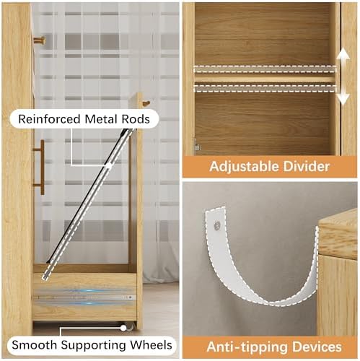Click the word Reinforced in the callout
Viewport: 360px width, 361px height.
tap(49, 119)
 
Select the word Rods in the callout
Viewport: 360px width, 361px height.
tap(136, 119)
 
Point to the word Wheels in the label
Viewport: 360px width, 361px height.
tap(152, 345)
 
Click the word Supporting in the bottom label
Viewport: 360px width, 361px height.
tap(93, 346)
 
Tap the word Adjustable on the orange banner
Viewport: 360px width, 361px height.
tap(245, 167)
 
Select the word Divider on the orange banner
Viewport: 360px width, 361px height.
tap(307, 166)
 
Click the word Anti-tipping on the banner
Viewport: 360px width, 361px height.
tap(247, 347)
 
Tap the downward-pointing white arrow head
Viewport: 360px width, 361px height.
tap(343, 99)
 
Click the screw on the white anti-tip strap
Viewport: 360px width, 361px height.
tap(217, 225)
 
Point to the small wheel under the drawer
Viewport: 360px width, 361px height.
tap(130, 326)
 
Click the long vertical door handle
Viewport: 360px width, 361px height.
tap(41, 168)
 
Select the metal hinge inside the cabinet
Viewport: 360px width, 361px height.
tap(197, 145)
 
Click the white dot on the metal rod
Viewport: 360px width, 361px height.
tap(109, 165)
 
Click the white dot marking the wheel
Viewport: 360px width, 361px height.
tap(123, 328)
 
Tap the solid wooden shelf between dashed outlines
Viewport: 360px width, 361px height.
tap(265, 79)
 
